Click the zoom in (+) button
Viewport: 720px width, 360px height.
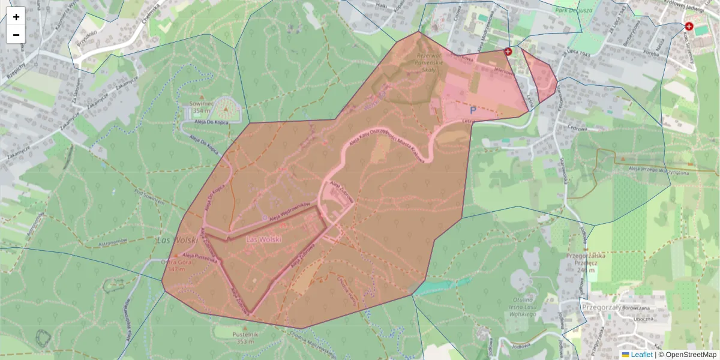[16, 17]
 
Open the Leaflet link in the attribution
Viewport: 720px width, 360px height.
[641, 355]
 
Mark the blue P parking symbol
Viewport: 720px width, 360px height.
[472, 110]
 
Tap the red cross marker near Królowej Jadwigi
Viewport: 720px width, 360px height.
[689, 27]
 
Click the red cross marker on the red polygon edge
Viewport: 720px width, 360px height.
[508, 52]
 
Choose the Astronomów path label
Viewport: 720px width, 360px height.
[115, 241]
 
